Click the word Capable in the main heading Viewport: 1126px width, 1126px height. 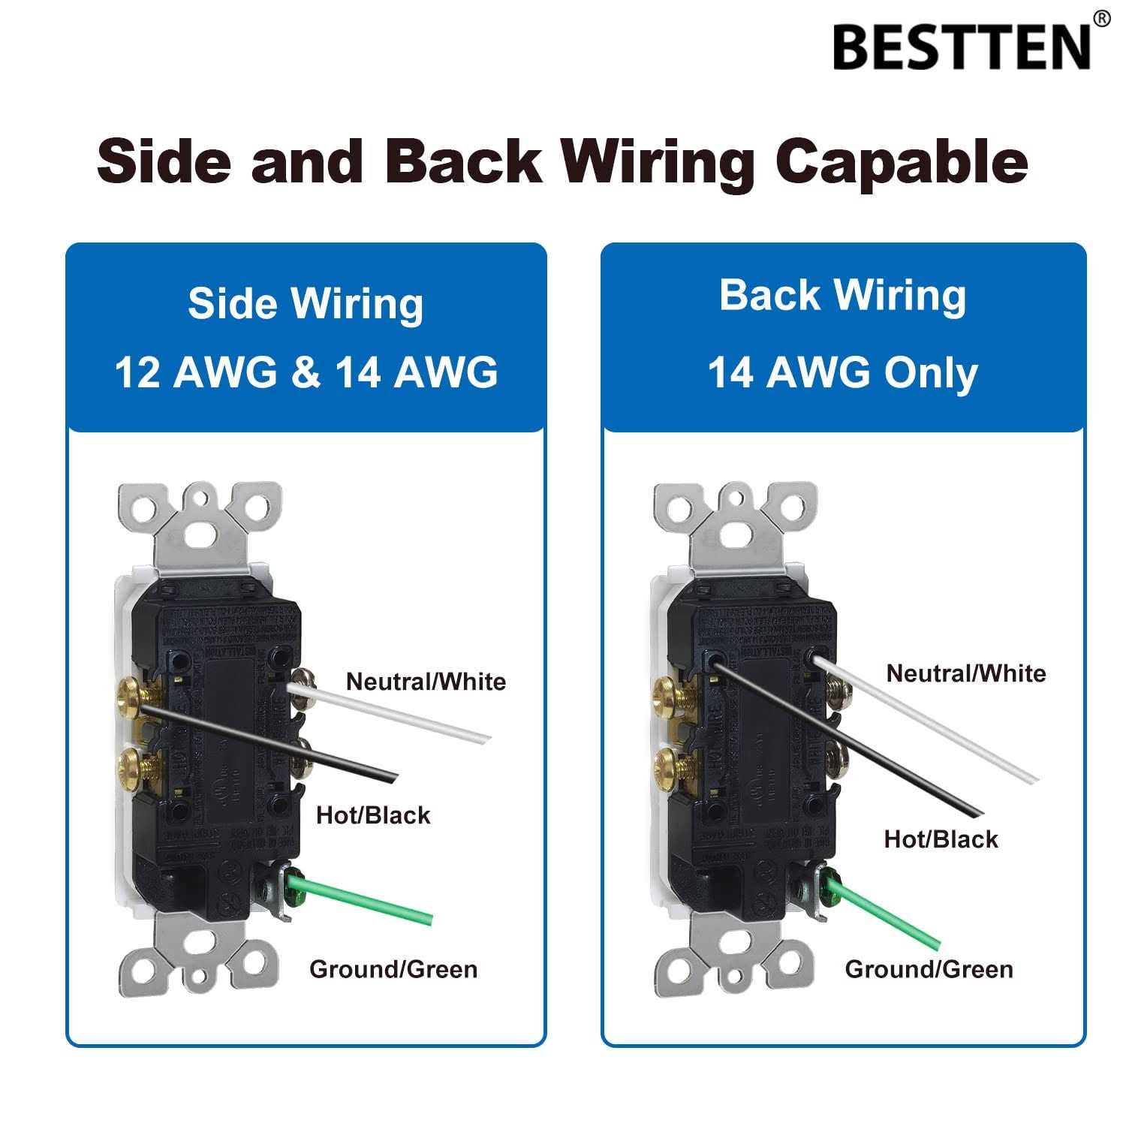click(901, 160)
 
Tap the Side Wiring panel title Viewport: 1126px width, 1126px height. click(306, 303)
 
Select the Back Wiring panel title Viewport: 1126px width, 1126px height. click(842, 295)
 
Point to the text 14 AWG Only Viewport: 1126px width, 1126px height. click(842, 372)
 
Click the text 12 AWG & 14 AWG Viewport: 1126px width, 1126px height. click(306, 372)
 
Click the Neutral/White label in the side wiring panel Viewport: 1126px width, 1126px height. click(426, 682)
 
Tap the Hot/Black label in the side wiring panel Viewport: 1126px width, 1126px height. click(373, 814)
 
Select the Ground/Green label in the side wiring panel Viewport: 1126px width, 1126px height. click(393, 969)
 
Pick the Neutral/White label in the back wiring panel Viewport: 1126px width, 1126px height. click(965, 673)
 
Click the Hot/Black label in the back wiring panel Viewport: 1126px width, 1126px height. click(941, 838)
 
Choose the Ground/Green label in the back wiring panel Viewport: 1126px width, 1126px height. click(929, 969)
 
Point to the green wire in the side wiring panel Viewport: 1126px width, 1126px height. click(368, 897)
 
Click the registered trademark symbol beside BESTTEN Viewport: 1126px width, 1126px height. click(1101, 19)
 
